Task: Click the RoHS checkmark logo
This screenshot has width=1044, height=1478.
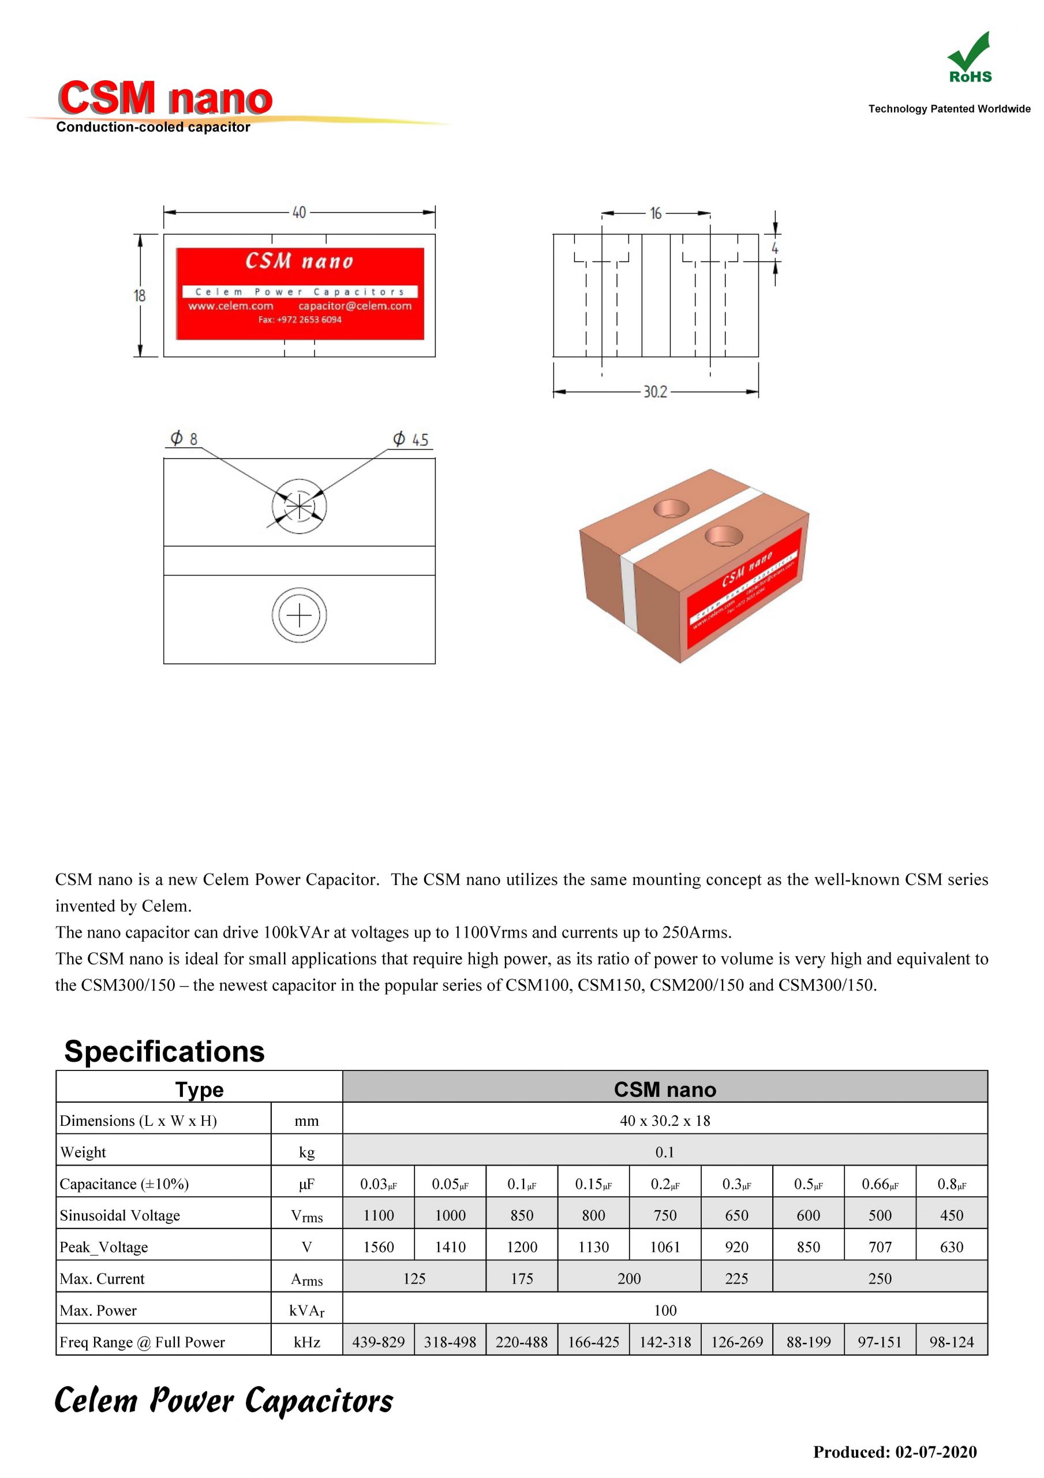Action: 970,57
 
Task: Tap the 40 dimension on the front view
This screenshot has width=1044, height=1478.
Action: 300,212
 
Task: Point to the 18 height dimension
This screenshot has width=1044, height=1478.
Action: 140,296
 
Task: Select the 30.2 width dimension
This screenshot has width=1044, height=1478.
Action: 655,392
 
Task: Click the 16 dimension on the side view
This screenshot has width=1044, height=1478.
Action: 655,213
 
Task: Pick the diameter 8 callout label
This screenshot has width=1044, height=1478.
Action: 184,439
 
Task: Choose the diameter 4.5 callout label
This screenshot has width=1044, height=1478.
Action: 411,440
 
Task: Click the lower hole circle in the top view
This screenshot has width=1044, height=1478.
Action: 300,615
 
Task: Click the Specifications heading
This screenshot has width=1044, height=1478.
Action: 165,1051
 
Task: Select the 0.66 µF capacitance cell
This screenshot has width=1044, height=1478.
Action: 880,1184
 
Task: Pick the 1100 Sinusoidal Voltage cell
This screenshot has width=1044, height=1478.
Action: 379,1215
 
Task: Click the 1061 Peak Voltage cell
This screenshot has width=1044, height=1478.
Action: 665,1247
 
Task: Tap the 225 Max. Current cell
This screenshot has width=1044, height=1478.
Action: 736,1278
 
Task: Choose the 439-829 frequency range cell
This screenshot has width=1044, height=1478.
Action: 379,1342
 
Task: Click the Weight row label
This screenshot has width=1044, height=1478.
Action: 83,1152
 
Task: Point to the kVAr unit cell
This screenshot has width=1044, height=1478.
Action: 306,1311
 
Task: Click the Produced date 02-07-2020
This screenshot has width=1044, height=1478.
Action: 895,1451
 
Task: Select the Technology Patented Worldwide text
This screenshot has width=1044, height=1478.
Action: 949,109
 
